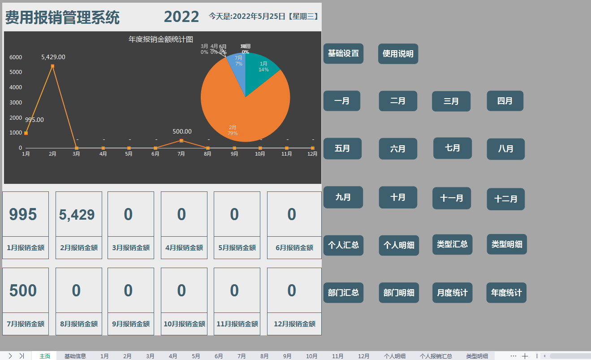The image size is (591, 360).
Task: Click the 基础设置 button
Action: [x=343, y=53]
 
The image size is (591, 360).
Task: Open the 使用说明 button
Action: [x=398, y=54]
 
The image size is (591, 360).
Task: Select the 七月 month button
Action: [x=453, y=148]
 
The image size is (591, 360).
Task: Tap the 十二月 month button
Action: [x=505, y=199]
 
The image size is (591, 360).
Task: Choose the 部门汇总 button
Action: [x=343, y=293]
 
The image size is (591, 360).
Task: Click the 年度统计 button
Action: [x=506, y=293]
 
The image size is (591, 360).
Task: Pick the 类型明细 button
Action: [x=507, y=244]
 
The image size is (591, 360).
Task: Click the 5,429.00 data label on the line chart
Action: [x=53, y=57]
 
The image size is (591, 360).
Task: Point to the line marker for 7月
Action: [x=181, y=140]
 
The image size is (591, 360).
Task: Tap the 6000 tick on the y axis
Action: [x=16, y=57]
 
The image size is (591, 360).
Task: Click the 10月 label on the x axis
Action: [x=260, y=154]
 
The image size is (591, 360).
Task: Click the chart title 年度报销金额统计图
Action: [x=161, y=39]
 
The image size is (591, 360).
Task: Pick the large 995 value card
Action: [x=23, y=214]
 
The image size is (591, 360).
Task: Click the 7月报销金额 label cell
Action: [x=26, y=324]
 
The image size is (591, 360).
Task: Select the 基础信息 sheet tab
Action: [x=75, y=356]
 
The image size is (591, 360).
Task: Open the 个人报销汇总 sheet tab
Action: [x=436, y=356]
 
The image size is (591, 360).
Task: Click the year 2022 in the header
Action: [x=181, y=17]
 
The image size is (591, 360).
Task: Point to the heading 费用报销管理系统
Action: [x=62, y=17]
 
